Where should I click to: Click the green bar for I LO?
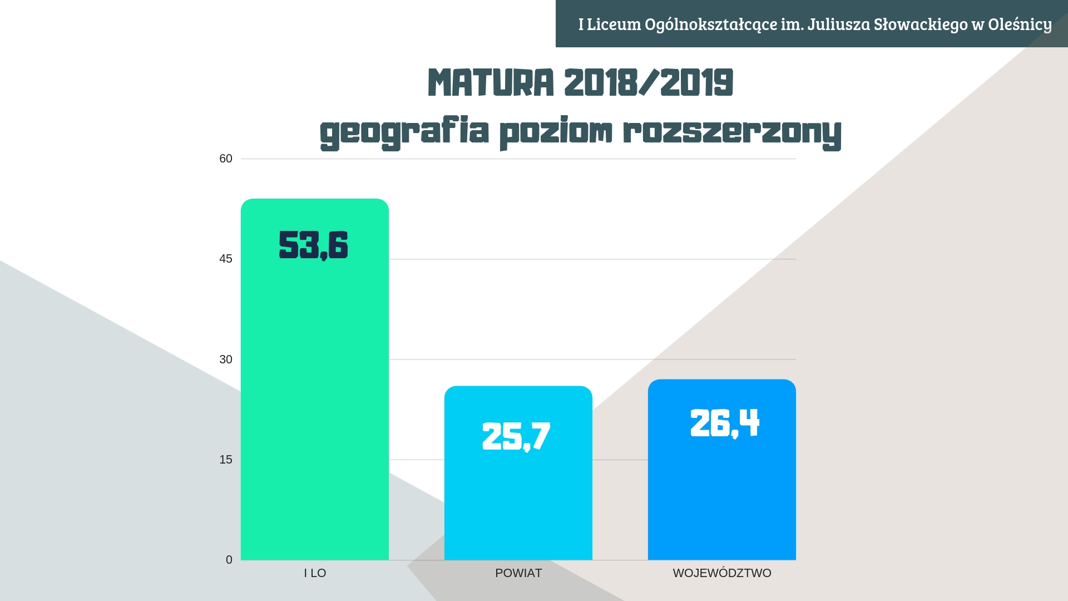(x=314, y=390)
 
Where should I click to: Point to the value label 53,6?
(x=313, y=245)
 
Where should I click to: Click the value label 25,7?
(x=516, y=436)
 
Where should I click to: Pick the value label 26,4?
(x=724, y=423)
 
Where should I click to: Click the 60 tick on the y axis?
(x=226, y=159)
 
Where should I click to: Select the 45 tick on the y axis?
(x=226, y=259)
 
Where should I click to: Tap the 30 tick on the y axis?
(x=226, y=359)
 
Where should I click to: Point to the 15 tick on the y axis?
(x=226, y=460)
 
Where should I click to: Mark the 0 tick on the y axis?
(x=229, y=560)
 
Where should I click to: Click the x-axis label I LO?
(x=315, y=573)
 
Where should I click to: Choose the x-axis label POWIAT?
(x=518, y=573)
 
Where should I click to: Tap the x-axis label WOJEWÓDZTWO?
(x=722, y=573)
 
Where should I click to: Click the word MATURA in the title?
(x=491, y=83)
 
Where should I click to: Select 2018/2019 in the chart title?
(x=649, y=83)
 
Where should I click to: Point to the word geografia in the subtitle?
(x=404, y=132)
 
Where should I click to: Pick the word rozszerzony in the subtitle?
(x=732, y=132)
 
